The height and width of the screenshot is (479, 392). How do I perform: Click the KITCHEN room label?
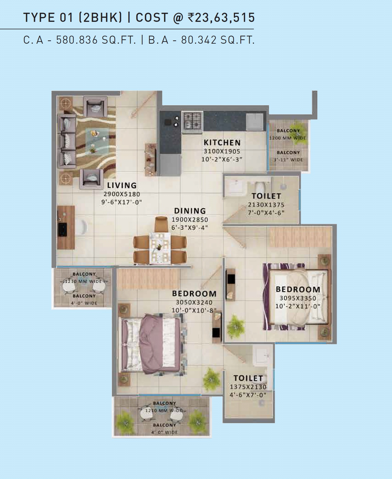(222, 143)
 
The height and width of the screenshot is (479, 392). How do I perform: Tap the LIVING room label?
(122, 185)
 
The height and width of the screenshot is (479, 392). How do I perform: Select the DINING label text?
(190, 211)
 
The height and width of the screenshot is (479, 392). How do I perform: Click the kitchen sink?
(255, 121)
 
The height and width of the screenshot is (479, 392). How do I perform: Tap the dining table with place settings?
(160, 248)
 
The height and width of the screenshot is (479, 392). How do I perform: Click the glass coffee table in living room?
(96, 141)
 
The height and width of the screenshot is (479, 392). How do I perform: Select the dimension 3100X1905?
(222, 151)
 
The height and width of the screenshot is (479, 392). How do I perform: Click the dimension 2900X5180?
(122, 194)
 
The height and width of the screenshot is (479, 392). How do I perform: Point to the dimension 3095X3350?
(298, 298)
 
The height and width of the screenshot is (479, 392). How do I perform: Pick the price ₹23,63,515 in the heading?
(221, 18)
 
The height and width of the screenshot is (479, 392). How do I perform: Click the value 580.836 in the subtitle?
(77, 40)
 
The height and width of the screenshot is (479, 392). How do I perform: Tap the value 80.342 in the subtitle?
(199, 40)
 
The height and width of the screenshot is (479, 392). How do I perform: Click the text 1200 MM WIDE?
(288, 138)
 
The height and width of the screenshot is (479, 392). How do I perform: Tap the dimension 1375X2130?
(248, 387)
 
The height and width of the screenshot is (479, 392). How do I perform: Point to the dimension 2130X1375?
(266, 205)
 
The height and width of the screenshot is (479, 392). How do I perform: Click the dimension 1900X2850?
(190, 220)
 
